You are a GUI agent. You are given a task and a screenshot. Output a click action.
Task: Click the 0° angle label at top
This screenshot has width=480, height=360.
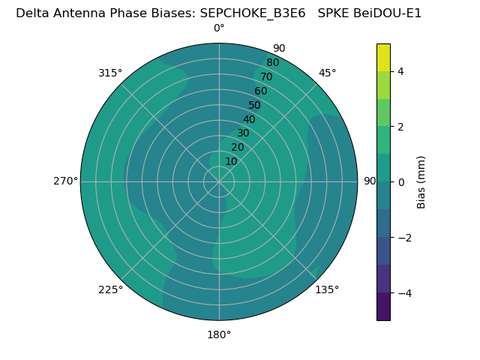pos(219,28)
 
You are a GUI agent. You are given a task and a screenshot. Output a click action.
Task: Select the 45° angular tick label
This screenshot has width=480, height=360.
pos(328,73)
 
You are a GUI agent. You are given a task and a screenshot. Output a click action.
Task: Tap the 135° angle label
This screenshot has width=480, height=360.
pos(327,289)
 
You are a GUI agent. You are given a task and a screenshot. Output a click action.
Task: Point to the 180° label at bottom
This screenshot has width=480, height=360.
pos(219,334)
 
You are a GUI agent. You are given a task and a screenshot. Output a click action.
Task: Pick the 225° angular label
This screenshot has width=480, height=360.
pos(110,289)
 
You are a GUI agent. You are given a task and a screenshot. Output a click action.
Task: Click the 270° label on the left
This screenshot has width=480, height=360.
pos(65,181)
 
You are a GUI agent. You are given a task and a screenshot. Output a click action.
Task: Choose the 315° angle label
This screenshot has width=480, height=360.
pos(110,73)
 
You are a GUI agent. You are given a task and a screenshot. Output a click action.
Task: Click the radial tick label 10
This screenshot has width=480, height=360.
pos(231,161)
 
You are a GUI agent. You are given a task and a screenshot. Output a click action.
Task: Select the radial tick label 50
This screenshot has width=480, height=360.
pos(255,105)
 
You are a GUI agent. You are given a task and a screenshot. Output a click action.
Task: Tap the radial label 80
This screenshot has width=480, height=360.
pos(273,63)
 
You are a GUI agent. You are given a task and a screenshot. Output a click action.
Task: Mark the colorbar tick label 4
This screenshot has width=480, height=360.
pos(400,71)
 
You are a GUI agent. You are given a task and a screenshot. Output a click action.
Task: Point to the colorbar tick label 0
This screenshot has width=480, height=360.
pos(400,181)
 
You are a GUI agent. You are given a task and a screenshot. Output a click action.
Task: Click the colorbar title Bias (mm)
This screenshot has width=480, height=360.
pos(421,181)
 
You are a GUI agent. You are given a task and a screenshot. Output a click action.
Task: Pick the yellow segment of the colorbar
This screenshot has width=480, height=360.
pos(383,57)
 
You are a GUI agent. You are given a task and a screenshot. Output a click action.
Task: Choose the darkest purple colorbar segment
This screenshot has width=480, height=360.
pos(383,306)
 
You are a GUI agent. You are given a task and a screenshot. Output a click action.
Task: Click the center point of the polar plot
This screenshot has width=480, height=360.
pos(219,181)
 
